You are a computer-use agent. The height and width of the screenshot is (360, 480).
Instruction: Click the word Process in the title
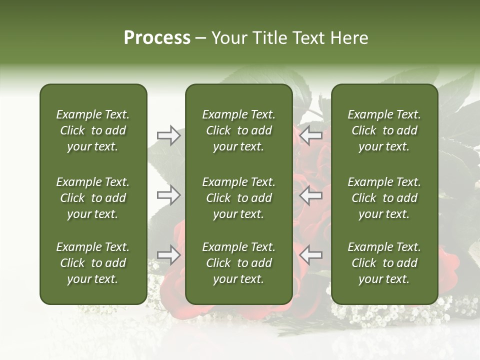[157, 38]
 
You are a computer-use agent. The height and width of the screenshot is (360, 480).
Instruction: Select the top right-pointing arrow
[168, 135]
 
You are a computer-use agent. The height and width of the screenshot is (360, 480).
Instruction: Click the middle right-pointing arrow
[168, 195]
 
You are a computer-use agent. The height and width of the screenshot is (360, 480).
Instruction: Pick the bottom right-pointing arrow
[168, 255]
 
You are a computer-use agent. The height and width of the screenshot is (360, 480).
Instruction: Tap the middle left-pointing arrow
[311, 195]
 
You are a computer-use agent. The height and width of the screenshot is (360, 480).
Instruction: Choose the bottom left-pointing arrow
[311, 255]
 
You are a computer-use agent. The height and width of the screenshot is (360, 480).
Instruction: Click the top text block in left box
[93, 130]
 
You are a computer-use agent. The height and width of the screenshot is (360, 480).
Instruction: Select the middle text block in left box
[93, 198]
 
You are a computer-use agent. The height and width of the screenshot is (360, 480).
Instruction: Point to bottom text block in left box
[93, 263]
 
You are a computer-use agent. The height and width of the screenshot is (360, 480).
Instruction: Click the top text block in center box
[238, 130]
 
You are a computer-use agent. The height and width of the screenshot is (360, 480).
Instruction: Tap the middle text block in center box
[238, 198]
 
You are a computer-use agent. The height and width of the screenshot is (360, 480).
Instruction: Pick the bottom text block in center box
[238, 263]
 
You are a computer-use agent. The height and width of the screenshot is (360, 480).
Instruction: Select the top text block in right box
[384, 130]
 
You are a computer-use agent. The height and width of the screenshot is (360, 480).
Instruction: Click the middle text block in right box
[384, 198]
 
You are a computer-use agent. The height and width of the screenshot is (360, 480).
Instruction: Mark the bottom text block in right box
[384, 263]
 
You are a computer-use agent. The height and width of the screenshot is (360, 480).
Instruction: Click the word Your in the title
[228, 38]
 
